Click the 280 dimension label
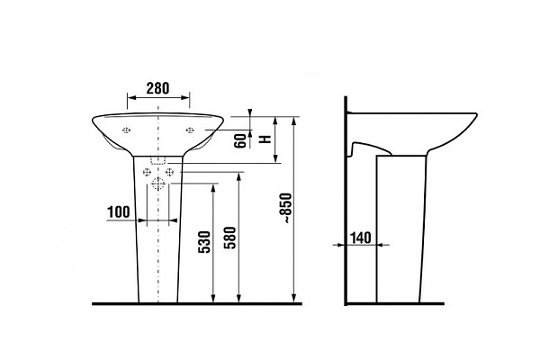pos(157,88)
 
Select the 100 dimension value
pos(119,211)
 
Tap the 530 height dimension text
pos(204,242)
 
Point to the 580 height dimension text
pos(230,238)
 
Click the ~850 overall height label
pos(287,209)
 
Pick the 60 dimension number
pos(240,140)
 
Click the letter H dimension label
pos(265,139)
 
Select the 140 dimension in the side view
pos(361,238)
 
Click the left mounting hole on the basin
pos(126,130)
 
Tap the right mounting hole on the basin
pos(190,130)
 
